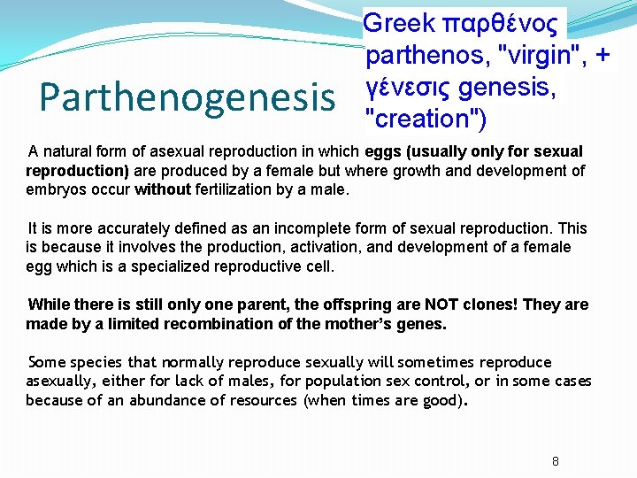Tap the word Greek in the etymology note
[x=399, y=22]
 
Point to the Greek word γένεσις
[x=411, y=87]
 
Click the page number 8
[x=556, y=461]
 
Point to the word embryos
[x=55, y=189]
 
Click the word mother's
[x=350, y=324]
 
